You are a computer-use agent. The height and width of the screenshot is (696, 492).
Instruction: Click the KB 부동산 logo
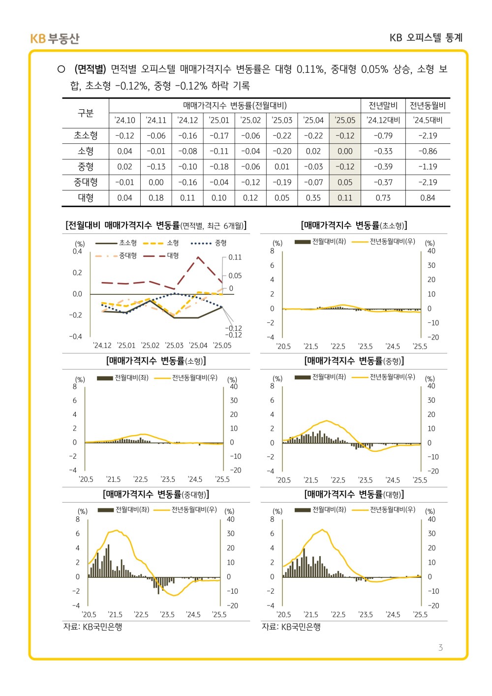click(x=55, y=38)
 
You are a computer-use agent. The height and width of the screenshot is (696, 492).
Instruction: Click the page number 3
click(x=440, y=647)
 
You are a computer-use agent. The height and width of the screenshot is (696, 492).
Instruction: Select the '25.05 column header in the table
click(x=345, y=120)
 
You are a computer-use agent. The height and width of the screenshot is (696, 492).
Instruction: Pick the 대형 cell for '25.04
click(x=313, y=198)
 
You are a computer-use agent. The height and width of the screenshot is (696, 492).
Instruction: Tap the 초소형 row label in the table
click(x=86, y=135)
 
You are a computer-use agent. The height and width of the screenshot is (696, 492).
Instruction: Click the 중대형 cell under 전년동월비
click(x=428, y=183)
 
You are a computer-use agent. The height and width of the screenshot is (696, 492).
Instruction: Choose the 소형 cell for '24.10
click(x=124, y=151)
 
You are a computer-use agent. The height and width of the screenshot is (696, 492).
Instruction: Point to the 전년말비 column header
click(x=383, y=106)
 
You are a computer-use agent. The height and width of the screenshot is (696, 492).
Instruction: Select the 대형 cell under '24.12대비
click(x=383, y=198)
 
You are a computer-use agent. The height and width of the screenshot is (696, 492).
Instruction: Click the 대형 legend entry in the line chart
click(x=161, y=256)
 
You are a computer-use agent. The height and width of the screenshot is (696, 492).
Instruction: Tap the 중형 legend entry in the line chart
click(x=209, y=243)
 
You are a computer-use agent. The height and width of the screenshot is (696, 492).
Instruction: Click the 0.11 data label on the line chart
click(x=235, y=257)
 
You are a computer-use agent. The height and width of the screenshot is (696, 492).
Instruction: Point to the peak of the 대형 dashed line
click(x=198, y=257)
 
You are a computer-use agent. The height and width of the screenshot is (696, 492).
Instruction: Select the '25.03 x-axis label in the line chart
click(x=174, y=346)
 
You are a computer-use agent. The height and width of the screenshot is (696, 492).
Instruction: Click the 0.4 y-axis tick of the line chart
click(x=77, y=252)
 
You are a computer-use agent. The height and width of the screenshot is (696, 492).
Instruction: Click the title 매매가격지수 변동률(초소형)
click(x=354, y=225)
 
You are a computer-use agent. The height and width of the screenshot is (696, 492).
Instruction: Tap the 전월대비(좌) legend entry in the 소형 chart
click(x=123, y=378)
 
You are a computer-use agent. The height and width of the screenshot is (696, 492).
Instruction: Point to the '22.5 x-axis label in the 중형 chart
click(x=338, y=480)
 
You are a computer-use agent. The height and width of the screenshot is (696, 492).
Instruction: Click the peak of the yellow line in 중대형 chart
click(x=117, y=531)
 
